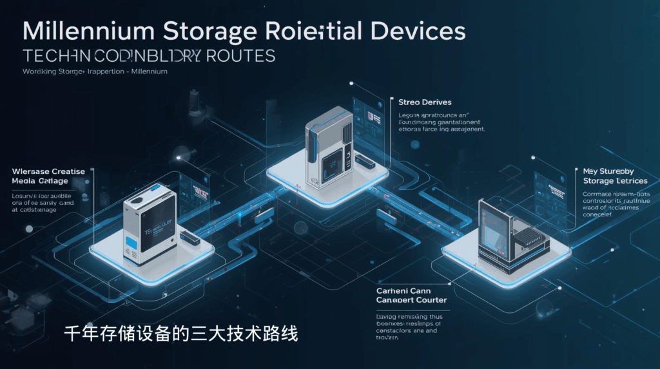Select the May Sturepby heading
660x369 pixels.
point(608,171)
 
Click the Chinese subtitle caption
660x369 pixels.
point(181,334)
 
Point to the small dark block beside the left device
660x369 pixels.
point(189,238)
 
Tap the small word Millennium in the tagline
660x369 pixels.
point(150,71)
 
